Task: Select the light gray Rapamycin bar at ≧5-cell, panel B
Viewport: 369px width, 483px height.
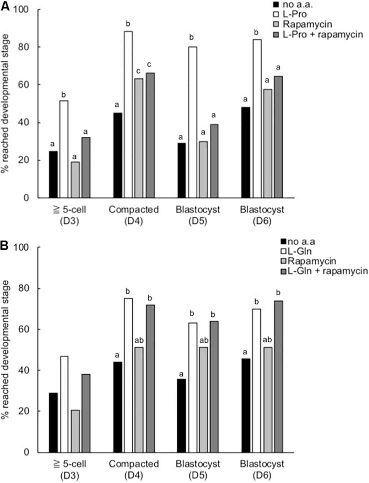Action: pyautogui.click(x=74, y=431)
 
